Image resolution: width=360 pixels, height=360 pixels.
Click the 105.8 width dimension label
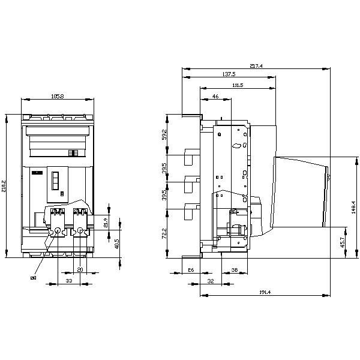(58, 96)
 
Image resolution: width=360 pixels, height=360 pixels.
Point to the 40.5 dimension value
(117, 244)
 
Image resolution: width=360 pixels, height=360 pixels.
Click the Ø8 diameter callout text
(34, 278)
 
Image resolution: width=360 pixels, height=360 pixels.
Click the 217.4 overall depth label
(255, 66)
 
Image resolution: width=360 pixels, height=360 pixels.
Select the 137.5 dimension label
(229, 74)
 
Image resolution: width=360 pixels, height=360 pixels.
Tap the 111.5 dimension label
(237, 85)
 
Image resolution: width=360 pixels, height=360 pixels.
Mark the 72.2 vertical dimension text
(165, 233)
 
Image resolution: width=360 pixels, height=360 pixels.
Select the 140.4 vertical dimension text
(353, 207)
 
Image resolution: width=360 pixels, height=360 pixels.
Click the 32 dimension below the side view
(210, 280)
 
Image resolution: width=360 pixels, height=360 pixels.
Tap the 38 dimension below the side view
(234, 270)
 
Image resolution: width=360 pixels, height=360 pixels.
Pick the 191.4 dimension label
(265, 292)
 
